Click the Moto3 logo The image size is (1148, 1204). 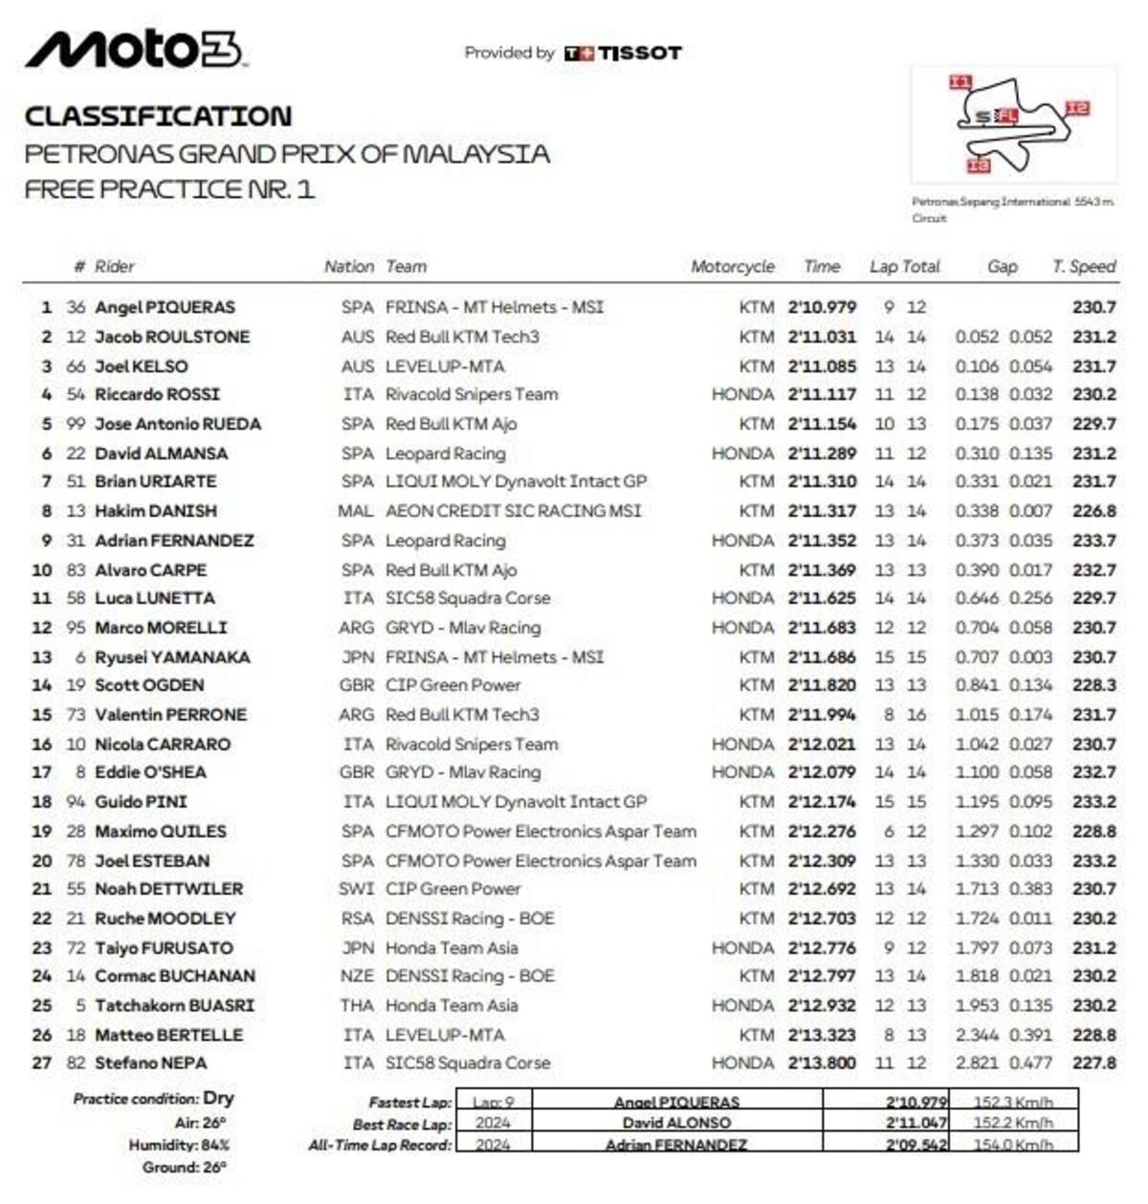[134, 50]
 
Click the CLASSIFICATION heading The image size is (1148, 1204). [158, 117]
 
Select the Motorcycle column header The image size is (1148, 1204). [732, 267]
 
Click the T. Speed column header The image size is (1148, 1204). [1083, 267]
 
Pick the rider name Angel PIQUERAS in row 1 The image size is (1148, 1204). [165, 307]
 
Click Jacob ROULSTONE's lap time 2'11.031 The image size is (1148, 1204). [822, 337]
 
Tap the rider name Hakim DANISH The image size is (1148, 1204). [156, 511]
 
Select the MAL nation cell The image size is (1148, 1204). [355, 511]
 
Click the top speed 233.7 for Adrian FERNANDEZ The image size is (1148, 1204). [1093, 541]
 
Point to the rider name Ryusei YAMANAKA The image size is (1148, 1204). [172, 658]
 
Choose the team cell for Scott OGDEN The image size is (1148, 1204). [453, 685]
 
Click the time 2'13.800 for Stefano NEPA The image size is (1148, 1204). [822, 1063]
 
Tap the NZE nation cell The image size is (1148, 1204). [356, 976]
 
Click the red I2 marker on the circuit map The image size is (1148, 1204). [1077, 108]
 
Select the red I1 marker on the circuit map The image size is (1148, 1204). [960, 82]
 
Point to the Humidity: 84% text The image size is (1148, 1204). [179, 1145]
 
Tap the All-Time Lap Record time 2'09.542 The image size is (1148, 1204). [916, 1145]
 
